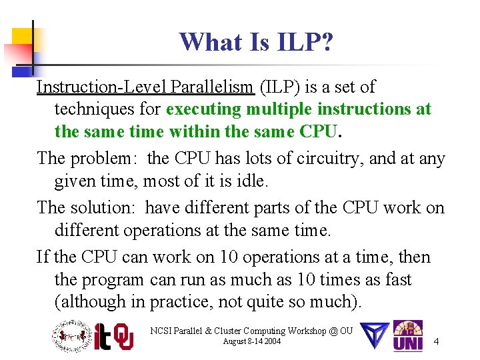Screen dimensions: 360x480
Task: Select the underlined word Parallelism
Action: (x=213, y=87)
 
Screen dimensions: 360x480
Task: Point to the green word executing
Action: (x=207, y=109)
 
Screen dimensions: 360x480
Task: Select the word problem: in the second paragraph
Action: (x=105, y=159)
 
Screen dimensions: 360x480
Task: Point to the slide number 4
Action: (x=436, y=342)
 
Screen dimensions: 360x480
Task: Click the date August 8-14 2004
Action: (x=252, y=342)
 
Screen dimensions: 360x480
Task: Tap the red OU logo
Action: (x=123, y=337)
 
